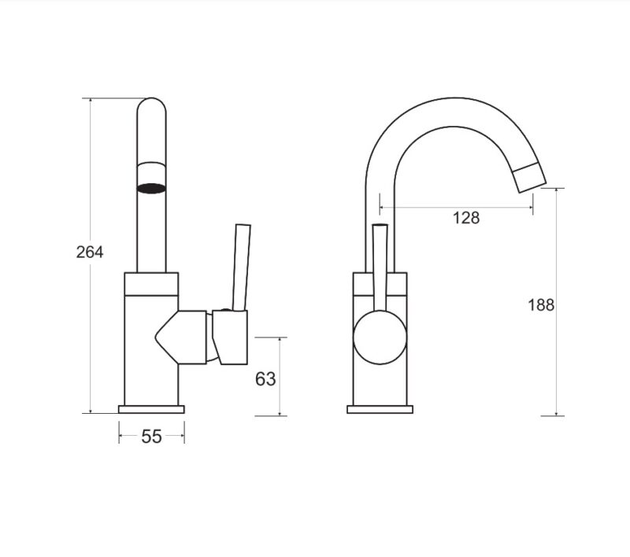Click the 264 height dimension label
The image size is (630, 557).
pyautogui.click(x=90, y=252)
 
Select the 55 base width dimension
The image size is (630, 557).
pyautogui.click(x=151, y=437)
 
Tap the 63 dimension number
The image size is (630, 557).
pyautogui.click(x=265, y=379)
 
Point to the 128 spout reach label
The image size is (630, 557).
pyautogui.click(x=466, y=218)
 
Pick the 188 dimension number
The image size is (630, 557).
pyautogui.click(x=541, y=305)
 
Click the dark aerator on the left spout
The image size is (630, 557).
pyautogui.click(x=151, y=188)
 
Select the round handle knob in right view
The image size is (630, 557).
pyautogui.click(x=380, y=338)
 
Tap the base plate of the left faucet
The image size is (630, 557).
pyautogui.click(x=151, y=409)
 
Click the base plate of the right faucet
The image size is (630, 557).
pyautogui.click(x=380, y=409)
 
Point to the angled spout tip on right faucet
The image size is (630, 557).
pyautogui.click(x=529, y=178)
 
